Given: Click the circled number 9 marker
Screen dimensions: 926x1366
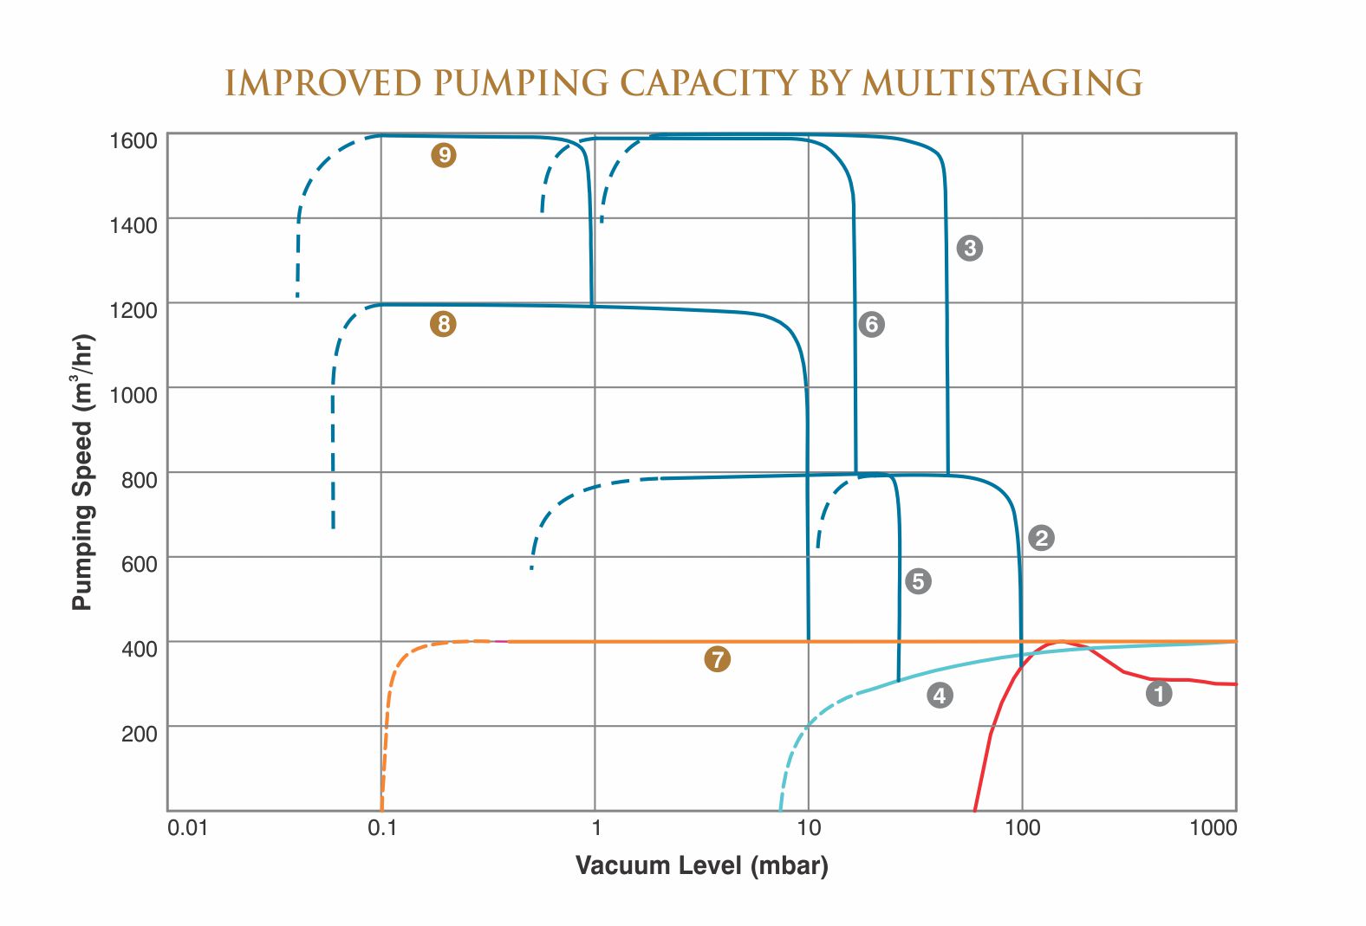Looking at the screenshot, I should click(x=444, y=155).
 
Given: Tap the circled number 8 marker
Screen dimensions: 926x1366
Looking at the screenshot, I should click(x=443, y=324).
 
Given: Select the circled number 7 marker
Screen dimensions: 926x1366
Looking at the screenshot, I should click(x=717, y=659).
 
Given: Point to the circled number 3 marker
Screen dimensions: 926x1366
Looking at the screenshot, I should click(x=969, y=248).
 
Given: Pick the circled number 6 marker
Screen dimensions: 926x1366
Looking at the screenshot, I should click(x=871, y=324).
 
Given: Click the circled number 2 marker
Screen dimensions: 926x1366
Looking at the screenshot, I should click(x=1041, y=538).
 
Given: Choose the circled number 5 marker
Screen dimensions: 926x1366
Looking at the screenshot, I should click(x=918, y=581).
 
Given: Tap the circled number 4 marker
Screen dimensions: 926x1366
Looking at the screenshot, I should click(x=940, y=695).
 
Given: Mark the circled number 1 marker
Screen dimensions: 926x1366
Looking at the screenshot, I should click(x=1159, y=693).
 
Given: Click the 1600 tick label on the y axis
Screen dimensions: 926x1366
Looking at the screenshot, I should click(x=133, y=140).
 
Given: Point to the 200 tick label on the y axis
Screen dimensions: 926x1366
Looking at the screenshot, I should click(x=140, y=734).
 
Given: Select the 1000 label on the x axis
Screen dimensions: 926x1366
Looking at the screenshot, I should click(x=1213, y=828).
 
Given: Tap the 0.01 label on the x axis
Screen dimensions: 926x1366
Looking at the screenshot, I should click(x=188, y=828).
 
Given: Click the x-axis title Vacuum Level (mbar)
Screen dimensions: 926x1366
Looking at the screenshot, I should click(x=701, y=865).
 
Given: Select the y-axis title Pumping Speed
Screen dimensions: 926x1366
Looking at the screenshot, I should click(x=82, y=472).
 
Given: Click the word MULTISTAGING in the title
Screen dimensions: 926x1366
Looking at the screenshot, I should click(x=1002, y=83).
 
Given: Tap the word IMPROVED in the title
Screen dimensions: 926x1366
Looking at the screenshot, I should click(x=323, y=83).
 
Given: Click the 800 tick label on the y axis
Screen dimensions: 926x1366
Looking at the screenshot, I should click(x=140, y=480).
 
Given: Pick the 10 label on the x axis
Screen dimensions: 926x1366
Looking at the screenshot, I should click(x=808, y=828).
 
